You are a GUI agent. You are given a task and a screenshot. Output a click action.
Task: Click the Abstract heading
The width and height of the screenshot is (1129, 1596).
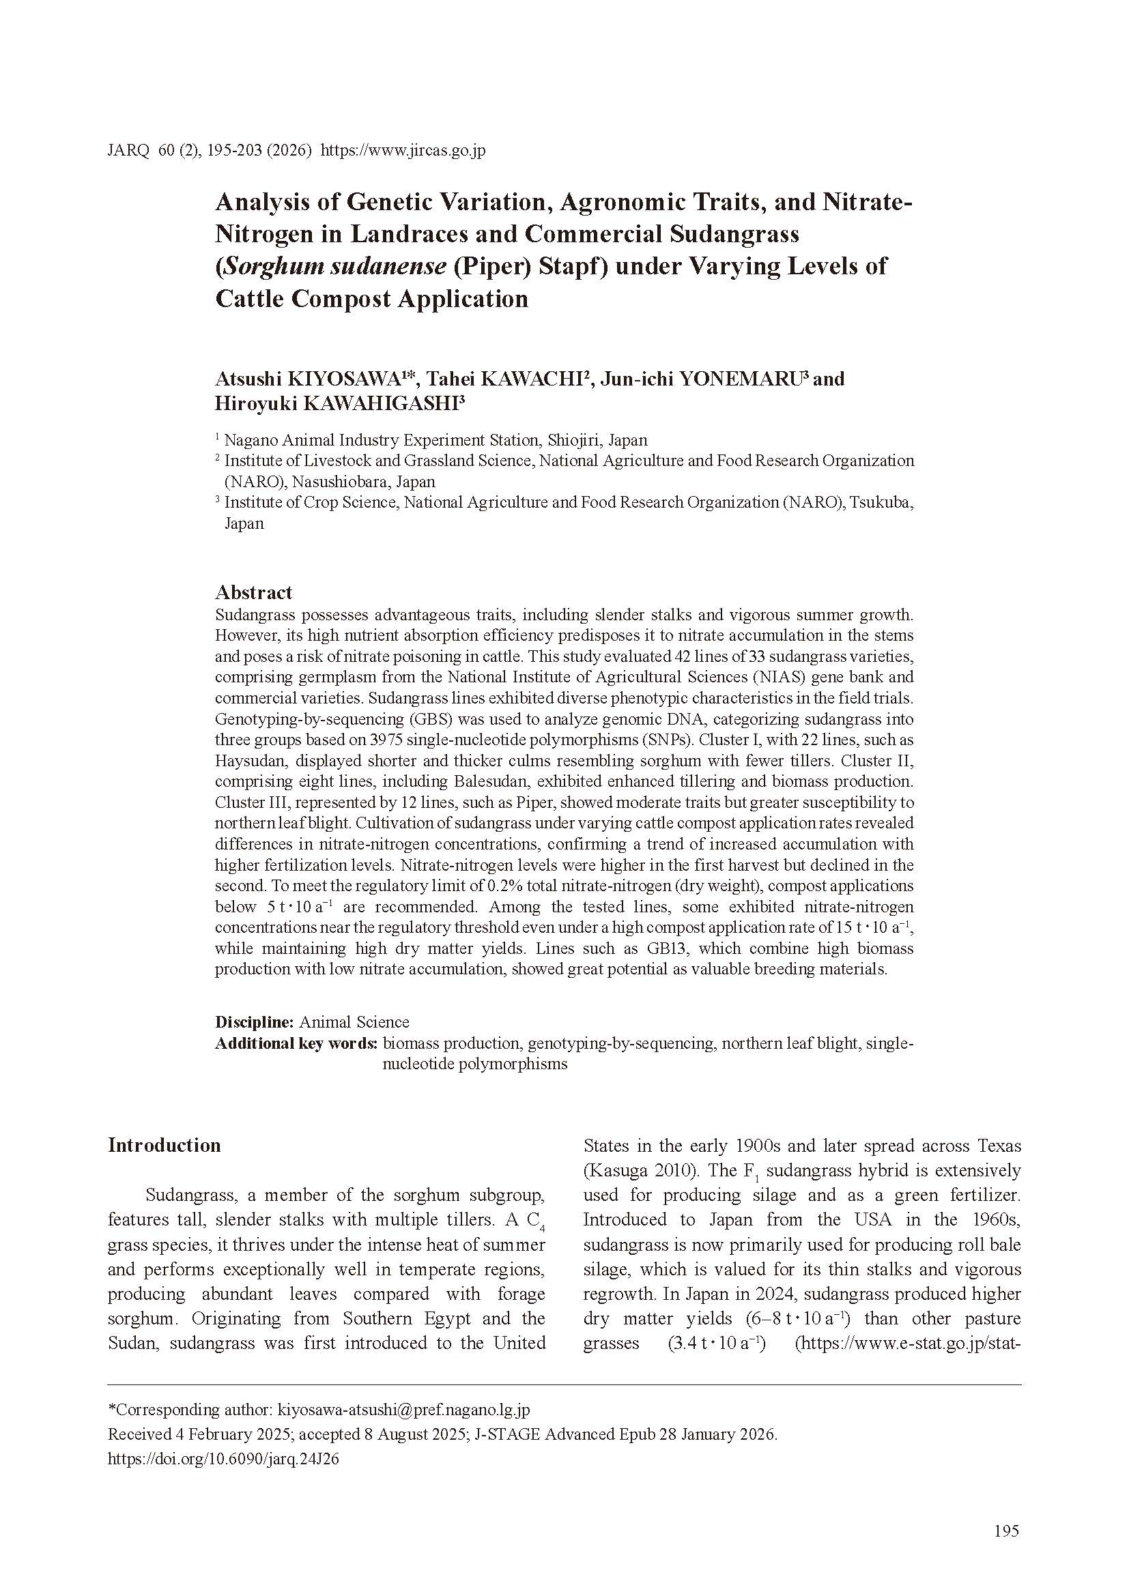(x=253, y=592)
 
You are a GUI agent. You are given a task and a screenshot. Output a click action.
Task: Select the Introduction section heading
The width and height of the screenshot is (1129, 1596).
(x=164, y=1145)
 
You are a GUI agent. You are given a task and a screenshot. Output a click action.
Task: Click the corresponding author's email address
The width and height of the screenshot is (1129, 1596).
(x=403, y=1409)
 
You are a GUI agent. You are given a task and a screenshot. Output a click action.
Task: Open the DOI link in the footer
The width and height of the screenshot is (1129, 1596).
(x=223, y=1459)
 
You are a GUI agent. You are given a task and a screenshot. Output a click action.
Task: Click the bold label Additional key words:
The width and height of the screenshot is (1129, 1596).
(x=296, y=1043)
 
